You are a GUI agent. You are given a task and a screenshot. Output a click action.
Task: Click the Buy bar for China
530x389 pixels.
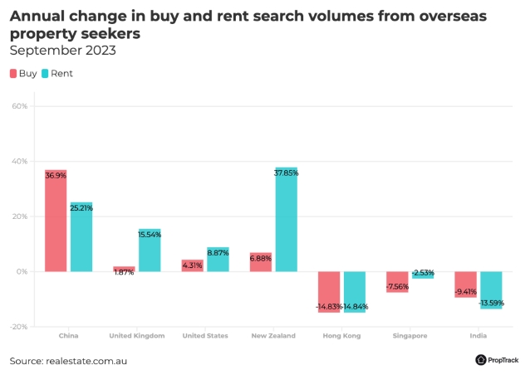pos(56,221)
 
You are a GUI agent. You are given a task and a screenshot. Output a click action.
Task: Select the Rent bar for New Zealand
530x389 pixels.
pos(286,220)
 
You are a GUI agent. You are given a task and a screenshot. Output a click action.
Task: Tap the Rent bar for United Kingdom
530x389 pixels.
pos(150,250)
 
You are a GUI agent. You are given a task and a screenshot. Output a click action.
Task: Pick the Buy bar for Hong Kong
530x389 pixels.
pos(329,291)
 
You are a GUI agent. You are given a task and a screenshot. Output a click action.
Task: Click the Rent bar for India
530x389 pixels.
pos(491,290)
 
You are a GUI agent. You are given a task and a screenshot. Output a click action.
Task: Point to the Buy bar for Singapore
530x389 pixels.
pos(397,282)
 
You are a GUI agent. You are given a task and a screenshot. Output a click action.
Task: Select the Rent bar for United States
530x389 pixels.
pos(218,259)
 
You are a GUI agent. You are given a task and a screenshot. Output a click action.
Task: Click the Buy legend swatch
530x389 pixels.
pos(13,74)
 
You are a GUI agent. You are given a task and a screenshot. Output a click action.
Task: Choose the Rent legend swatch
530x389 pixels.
pos(46,74)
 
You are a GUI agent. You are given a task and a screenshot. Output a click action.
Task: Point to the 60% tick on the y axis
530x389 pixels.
pos(20,106)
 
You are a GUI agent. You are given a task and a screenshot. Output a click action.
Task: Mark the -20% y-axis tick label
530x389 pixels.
pos(18,327)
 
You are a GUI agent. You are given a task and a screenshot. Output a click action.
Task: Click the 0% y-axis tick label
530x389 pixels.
pos(22,271)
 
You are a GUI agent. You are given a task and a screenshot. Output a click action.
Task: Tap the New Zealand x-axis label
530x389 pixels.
pos(274,336)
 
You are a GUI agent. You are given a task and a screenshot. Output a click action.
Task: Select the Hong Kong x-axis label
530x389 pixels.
pos(342,336)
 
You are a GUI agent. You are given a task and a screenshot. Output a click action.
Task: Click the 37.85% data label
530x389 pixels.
pos(286,173)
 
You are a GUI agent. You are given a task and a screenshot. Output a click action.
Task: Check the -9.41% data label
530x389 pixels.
pos(465,291)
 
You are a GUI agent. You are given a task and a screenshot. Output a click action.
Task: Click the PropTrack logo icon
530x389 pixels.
pos(481,360)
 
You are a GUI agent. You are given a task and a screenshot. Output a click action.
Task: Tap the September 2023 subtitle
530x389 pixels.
pos(62,51)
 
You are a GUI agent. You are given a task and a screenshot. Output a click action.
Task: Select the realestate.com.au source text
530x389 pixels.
pos(87,361)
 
